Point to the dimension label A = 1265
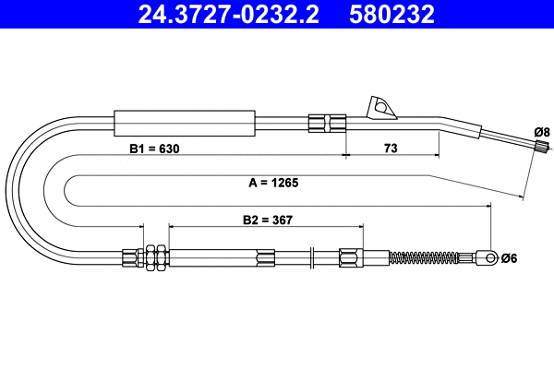tap(273, 183)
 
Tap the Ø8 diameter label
tap(543, 131)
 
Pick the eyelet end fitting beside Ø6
tap(488, 257)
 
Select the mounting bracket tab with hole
tap(380, 108)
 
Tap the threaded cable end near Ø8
tap(539, 145)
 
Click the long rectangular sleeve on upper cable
tap(183, 122)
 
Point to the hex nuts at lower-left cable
tap(153, 256)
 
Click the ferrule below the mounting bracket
tap(327, 123)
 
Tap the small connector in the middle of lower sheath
tap(266, 257)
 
